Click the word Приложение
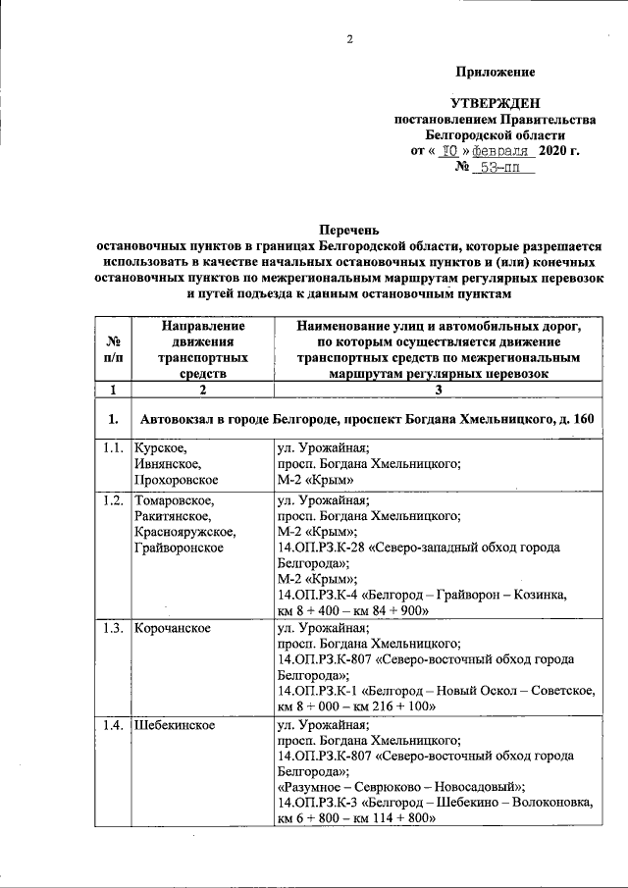tap(495, 72)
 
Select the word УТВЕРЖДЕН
tap(495, 104)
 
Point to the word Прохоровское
tap(178, 480)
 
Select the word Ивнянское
tap(168, 464)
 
